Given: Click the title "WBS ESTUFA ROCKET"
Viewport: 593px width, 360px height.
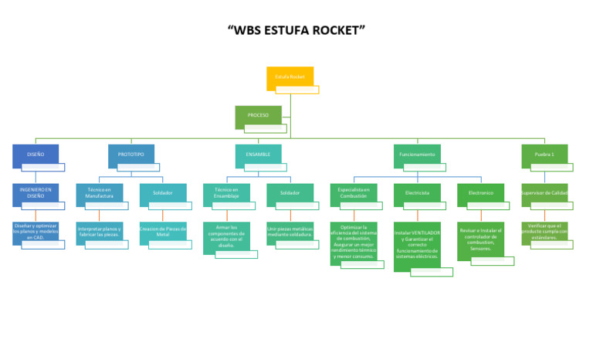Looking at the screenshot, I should [x=296, y=31].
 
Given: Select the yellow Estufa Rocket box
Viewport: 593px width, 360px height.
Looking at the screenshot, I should [x=290, y=77].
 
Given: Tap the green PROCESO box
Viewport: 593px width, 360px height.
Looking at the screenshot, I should [x=259, y=116].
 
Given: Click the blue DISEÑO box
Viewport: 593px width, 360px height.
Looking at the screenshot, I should [x=36, y=155].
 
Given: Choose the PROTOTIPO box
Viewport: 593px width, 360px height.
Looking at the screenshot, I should [x=131, y=155].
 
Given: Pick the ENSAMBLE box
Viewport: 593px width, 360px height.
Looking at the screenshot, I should [x=258, y=155].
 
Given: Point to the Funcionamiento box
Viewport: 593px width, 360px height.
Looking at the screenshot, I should [x=417, y=155].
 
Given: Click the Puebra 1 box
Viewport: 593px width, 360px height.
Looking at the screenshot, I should [x=544, y=155].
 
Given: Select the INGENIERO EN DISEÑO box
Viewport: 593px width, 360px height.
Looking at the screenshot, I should [x=36, y=193].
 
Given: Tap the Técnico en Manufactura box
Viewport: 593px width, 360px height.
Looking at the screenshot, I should [x=100, y=193].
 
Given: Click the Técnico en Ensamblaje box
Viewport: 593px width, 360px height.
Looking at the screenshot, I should [x=226, y=193].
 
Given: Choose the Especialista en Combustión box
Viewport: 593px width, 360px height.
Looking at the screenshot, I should [x=354, y=193].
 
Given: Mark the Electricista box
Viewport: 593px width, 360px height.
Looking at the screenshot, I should [x=417, y=193].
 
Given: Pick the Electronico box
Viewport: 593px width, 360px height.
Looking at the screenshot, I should [x=480, y=193].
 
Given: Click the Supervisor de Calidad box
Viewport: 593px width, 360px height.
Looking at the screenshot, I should [x=544, y=193].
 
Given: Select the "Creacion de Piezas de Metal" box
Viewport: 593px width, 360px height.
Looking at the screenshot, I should [x=163, y=232].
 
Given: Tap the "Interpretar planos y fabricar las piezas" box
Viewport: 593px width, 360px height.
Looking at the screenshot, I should [x=100, y=232].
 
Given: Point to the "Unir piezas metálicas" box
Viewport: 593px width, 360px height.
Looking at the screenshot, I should [x=290, y=232].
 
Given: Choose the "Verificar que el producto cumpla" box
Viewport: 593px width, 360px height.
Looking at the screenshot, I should [x=544, y=232].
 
